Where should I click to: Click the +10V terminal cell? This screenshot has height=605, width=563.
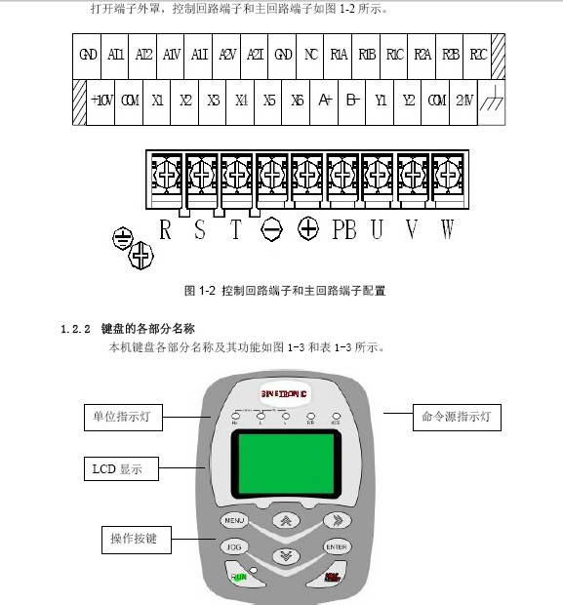[101, 101]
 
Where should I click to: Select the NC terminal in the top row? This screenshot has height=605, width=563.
[311, 55]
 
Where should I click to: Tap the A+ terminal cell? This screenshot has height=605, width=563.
[325, 101]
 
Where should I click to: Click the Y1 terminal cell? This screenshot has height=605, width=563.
[382, 101]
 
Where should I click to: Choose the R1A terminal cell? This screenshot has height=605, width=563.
[340, 55]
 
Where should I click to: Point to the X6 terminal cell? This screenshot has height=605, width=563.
[298, 101]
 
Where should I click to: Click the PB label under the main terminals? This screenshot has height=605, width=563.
[344, 230]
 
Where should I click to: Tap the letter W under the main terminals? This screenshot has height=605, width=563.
[447, 230]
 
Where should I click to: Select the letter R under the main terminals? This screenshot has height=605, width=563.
[165, 230]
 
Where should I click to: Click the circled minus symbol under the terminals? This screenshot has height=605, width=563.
[270, 230]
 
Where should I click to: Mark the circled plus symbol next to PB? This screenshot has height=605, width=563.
[308, 230]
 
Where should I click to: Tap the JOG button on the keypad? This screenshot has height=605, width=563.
[234, 547]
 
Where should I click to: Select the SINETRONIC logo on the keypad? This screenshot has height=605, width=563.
[284, 393]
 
